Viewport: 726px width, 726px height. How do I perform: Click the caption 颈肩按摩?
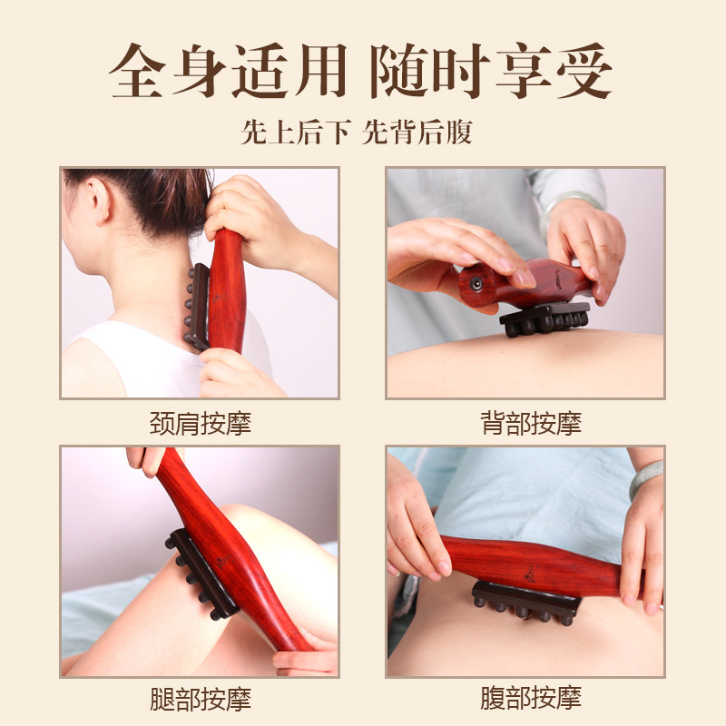200,423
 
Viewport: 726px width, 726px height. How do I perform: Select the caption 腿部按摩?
200,699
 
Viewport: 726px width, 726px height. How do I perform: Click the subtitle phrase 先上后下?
295,133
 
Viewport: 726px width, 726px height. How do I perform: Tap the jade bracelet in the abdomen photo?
646,478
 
